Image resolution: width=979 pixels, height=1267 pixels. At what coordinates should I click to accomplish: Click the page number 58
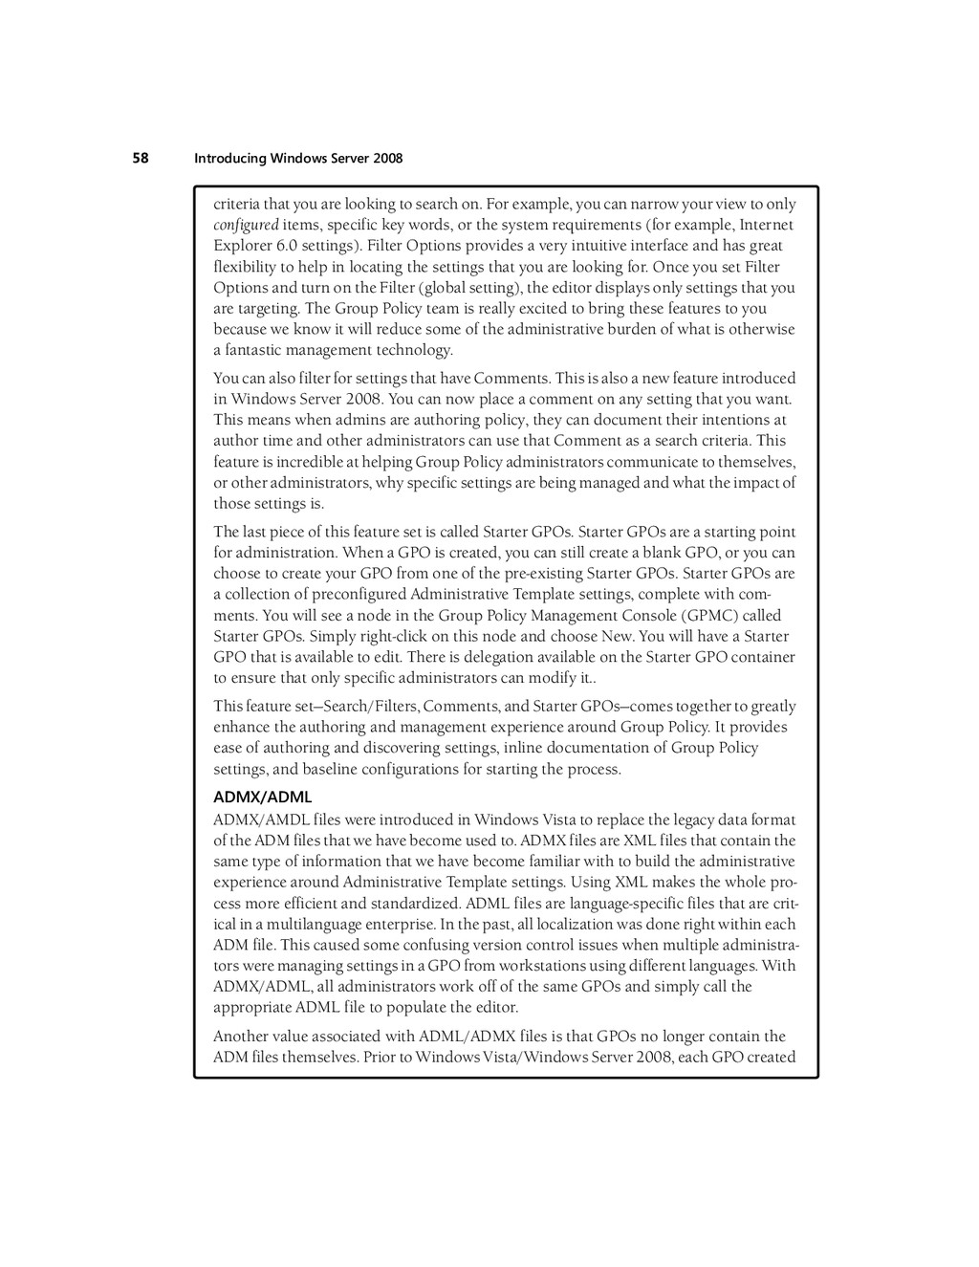coord(141,158)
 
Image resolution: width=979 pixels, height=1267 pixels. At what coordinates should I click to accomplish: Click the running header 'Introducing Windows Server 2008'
coord(298,158)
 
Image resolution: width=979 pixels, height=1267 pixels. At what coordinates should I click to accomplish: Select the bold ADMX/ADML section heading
coord(262,797)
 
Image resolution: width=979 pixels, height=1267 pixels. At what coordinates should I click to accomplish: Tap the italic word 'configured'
coord(246,225)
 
